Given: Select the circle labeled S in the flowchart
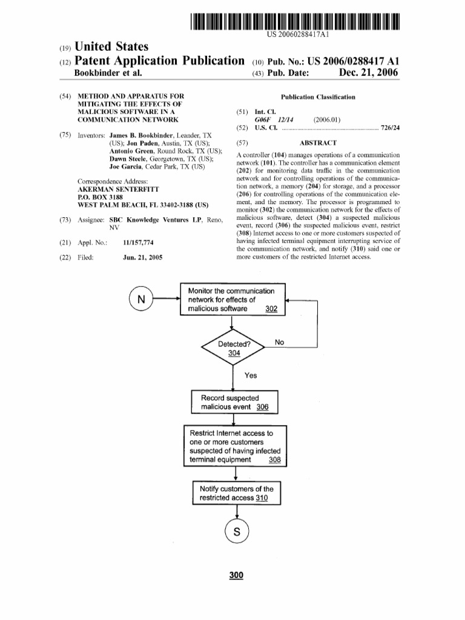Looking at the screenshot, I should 237,533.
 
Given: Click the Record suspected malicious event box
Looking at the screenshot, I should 234,403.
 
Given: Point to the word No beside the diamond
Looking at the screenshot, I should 279,343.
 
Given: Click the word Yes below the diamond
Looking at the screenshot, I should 251,375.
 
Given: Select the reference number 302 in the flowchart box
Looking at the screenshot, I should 271,309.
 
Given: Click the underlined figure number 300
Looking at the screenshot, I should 236,575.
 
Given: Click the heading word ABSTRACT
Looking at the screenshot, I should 318,143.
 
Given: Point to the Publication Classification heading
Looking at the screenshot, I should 318,97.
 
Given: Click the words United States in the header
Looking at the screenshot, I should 111,47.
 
